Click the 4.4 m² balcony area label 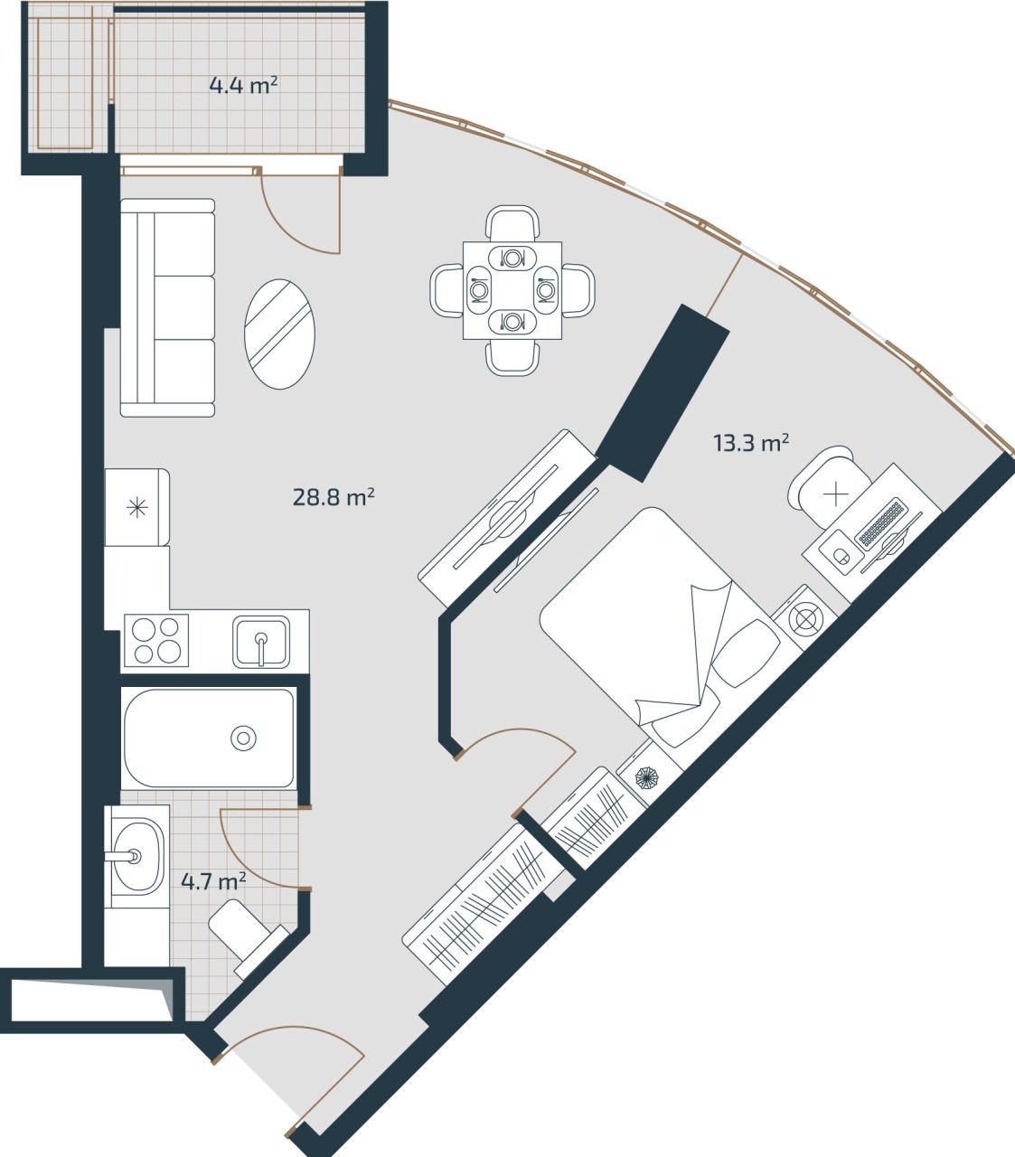242,87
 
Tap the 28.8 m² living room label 334,496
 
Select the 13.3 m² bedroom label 751,443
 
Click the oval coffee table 280,334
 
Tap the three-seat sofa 168,308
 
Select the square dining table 512,290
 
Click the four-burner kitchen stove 156,639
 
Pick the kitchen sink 261,641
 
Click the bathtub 209,738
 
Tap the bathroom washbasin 136,855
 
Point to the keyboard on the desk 881,524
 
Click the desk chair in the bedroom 826,485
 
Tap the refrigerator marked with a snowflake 137,507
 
